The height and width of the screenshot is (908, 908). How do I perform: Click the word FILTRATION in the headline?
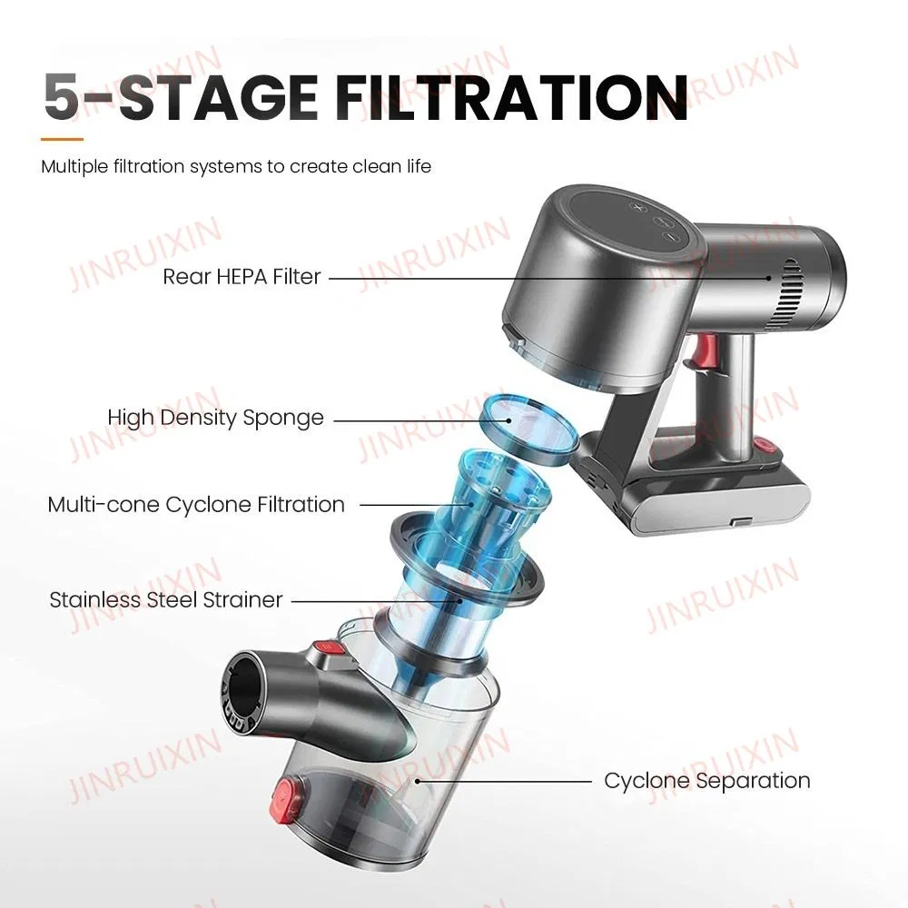click(x=511, y=97)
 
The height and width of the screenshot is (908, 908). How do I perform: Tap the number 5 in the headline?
click(x=62, y=97)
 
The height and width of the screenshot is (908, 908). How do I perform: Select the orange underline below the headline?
click(x=62, y=139)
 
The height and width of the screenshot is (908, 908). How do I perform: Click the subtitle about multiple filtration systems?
click(x=236, y=167)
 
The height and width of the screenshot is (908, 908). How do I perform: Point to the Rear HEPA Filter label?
click(x=242, y=277)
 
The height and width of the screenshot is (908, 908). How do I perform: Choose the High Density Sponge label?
click(x=215, y=418)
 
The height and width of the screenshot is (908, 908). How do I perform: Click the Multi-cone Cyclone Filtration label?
click(x=196, y=504)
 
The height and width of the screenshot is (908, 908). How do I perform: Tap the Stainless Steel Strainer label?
click(x=166, y=600)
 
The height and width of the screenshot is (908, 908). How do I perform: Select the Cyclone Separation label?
click(x=707, y=781)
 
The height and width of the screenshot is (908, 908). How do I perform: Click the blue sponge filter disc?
click(x=528, y=428)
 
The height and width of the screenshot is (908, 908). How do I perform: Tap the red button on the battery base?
click(x=767, y=446)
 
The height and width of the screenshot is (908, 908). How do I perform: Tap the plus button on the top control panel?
click(x=637, y=207)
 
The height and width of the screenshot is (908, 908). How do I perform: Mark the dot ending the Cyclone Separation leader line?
click(x=418, y=781)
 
